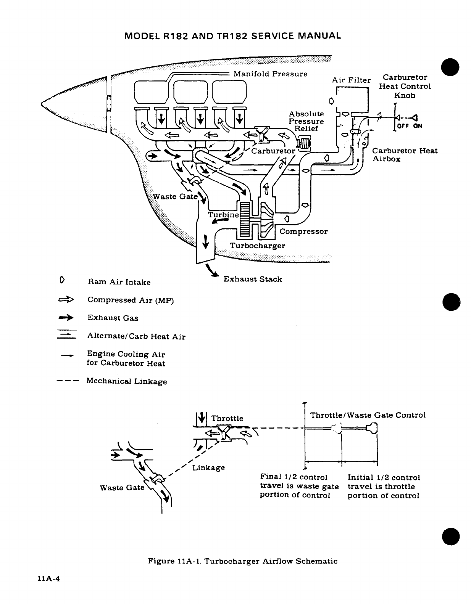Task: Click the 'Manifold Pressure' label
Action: (270, 74)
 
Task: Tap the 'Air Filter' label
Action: (351, 80)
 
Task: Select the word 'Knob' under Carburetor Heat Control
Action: (405, 95)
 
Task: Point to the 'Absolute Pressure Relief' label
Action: (306, 121)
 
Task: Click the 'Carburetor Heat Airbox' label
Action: (405, 155)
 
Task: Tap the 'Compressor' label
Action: (303, 231)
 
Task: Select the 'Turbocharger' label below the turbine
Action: (257, 246)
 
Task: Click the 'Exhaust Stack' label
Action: (252, 279)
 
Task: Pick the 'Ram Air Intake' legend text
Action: (119, 282)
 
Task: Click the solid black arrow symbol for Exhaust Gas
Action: (66, 318)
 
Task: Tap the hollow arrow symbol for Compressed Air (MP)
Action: (66, 300)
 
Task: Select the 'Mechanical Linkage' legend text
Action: (127, 381)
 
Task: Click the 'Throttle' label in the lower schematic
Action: (227, 418)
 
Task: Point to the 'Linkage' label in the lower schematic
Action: (208, 467)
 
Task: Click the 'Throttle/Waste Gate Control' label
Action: (368, 415)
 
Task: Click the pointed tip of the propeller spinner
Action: (42, 102)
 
